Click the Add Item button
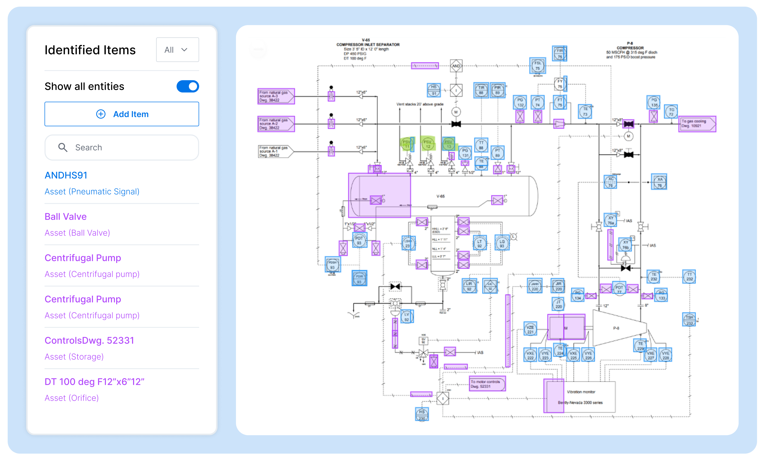[x=122, y=114]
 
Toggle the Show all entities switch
[x=188, y=86]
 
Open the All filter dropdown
[x=177, y=50]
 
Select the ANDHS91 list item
[x=66, y=175]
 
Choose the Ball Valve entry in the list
[x=66, y=217]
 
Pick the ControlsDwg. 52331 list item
[x=89, y=340]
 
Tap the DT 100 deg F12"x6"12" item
[x=94, y=382]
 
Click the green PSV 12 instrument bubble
[x=428, y=144]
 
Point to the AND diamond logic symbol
[x=456, y=66]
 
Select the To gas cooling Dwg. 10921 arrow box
[x=697, y=124]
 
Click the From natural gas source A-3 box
[x=275, y=96]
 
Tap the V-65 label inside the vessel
[x=440, y=196]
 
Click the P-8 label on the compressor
[x=616, y=328]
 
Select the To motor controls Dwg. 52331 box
[x=487, y=384]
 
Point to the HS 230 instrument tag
[x=422, y=415]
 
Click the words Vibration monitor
[x=581, y=392]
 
